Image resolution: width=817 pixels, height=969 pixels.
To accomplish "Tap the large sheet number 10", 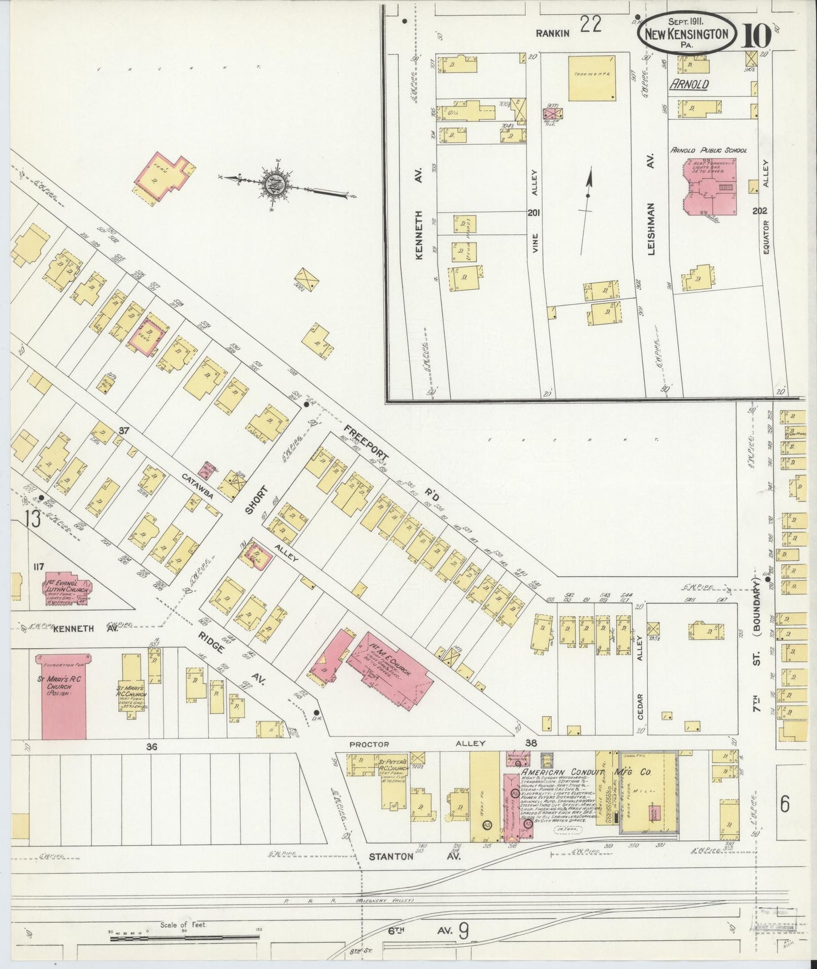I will (756, 37).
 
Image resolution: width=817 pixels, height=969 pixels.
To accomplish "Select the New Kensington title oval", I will (687, 34).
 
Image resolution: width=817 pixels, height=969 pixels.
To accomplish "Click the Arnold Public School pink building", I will (710, 187).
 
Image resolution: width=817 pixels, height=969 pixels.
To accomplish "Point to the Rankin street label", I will (552, 33).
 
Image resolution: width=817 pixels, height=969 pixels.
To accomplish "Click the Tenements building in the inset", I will (592, 78).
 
